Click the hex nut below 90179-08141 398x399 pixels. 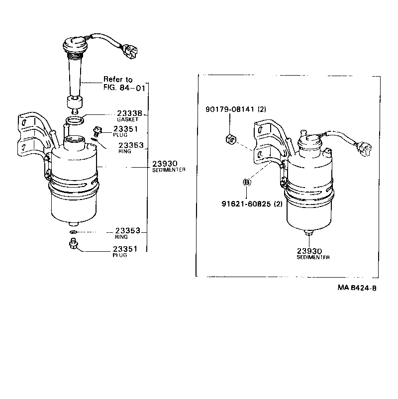pos(230,139)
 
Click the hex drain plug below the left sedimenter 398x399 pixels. pos(74,244)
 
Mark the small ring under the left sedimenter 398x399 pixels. pos(73,232)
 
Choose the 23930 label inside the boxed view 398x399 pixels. pos(310,251)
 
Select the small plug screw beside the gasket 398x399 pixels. pos(97,132)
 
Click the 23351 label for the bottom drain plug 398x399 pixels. pos(125,249)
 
